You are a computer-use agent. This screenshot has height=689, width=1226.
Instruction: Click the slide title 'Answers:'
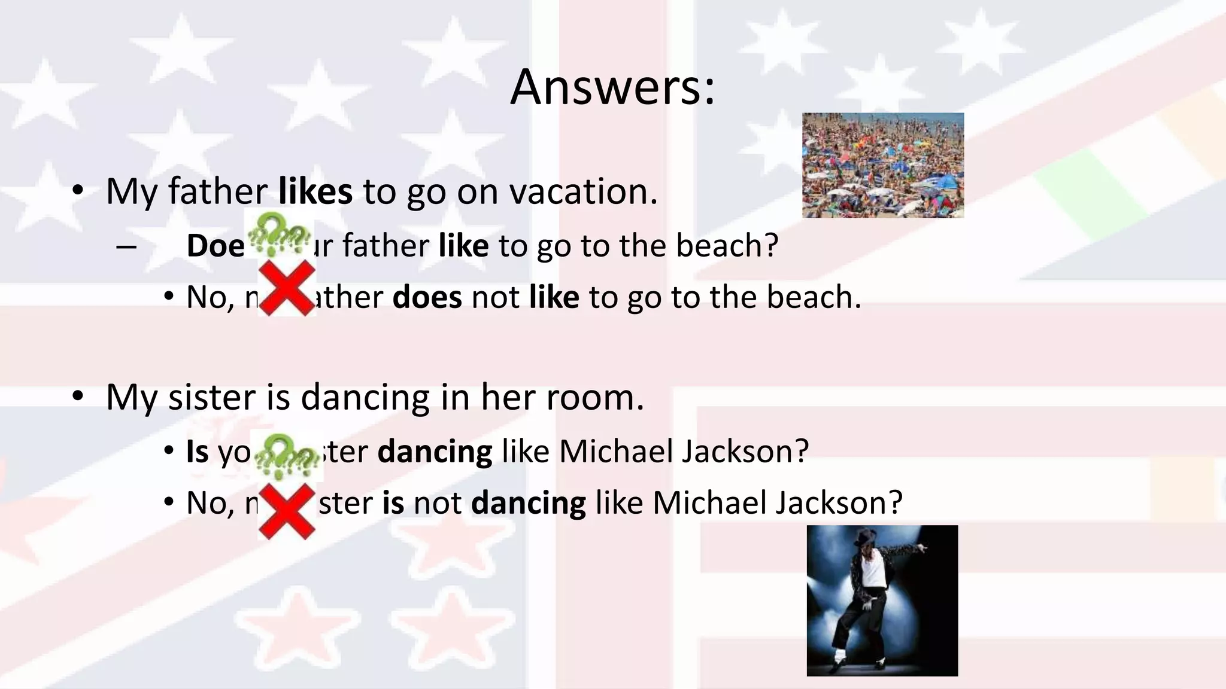click(x=612, y=87)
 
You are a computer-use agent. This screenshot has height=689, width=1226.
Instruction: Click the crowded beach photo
click(x=883, y=165)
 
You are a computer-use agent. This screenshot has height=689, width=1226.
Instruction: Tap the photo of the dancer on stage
click(x=882, y=600)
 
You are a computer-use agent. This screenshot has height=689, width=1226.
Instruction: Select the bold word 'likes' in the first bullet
click(x=315, y=191)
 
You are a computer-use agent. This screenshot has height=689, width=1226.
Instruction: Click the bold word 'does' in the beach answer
click(x=427, y=297)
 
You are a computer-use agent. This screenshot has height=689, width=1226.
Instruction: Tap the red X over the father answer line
click(x=287, y=288)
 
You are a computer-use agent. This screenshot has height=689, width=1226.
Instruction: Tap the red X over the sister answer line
click(x=287, y=511)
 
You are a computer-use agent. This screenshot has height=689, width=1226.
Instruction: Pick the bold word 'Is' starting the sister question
click(x=197, y=451)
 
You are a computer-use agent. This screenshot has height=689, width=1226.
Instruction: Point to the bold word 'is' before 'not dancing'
click(x=393, y=502)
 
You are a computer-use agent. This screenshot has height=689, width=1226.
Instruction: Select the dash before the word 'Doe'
click(x=127, y=246)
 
